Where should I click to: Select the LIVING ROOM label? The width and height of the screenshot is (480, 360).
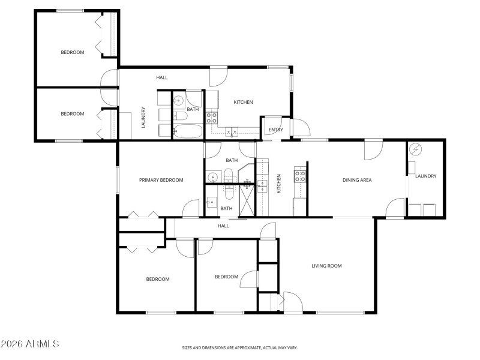click(326, 265)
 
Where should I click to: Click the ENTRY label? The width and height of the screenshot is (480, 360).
click(275, 130)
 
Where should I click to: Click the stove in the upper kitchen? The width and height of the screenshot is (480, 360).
click(211, 117)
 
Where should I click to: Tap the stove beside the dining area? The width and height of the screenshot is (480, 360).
click(299, 176)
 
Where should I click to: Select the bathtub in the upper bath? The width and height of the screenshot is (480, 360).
click(188, 131)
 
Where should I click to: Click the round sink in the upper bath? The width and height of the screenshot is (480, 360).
click(178, 100)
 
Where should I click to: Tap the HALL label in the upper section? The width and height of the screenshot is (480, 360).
click(161, 78)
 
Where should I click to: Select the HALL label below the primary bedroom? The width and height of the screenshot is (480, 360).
click(223, 226)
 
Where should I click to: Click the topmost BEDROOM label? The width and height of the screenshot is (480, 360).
click(72, 53)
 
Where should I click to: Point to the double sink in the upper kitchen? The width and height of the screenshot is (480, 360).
click(232, 131)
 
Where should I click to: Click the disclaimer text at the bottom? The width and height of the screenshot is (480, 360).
click(240, 347)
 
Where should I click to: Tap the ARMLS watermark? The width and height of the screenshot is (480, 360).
click(30, 344)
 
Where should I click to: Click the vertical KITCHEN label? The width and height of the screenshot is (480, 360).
click(279, 184)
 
